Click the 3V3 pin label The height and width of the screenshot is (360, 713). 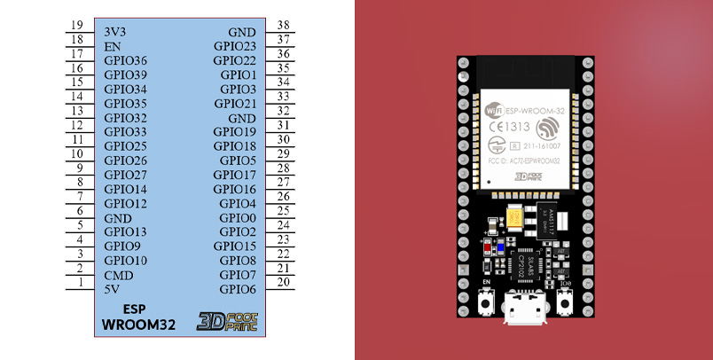116,31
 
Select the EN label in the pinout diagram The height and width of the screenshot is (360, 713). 113,45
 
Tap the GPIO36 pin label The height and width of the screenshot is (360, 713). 125,60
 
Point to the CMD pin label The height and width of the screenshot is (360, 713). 118,275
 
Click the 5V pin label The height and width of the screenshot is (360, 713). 113,289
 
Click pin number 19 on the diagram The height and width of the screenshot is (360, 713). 76,25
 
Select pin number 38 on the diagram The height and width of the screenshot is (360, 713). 283,25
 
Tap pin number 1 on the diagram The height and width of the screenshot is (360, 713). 80,283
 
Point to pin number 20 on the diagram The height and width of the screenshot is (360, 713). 283,283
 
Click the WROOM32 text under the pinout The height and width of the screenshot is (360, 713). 137,325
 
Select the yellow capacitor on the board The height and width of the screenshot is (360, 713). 513,216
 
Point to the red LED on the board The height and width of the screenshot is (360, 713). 487,247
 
